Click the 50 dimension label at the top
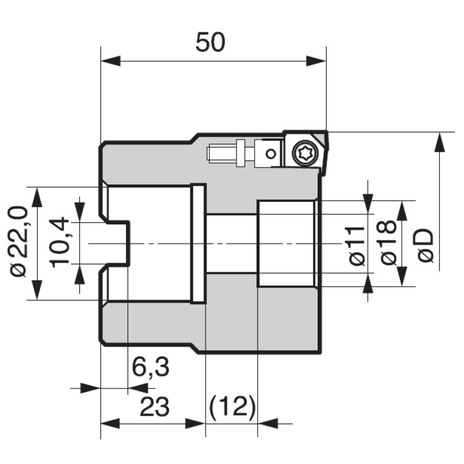coord(210,42)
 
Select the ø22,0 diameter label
coord(19,241)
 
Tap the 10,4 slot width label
coord(60,243)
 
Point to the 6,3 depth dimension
coord(150,367)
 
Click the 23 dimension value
coord(154,407)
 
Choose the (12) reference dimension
coord(232,407)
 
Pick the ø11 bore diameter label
coord(357,246)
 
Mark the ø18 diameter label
coord(388,243)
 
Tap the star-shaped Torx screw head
coord(305,153)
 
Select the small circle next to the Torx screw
coord(270,154)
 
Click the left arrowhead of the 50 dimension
coord(111,61)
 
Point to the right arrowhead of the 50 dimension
coord(316,61)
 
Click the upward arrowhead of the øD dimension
coord(439,142)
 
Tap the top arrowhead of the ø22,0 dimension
coord(37,197)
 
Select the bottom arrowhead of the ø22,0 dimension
coord(37,290)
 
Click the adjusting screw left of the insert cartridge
coord(227,153)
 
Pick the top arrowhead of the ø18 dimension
coord(402,211)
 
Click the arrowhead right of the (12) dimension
coord(268,423)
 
